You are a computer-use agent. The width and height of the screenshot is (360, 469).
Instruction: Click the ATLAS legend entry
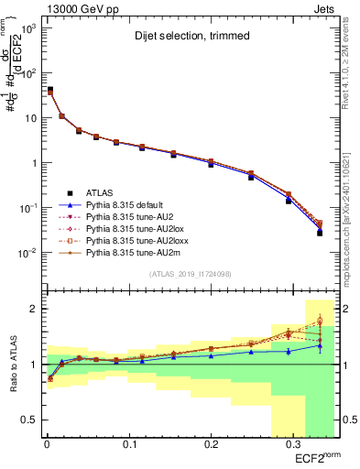coord(101,192)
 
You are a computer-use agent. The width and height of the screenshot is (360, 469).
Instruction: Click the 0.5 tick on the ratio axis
coord(28,420)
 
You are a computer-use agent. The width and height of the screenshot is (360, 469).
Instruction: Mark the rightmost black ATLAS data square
coord(320,233)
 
